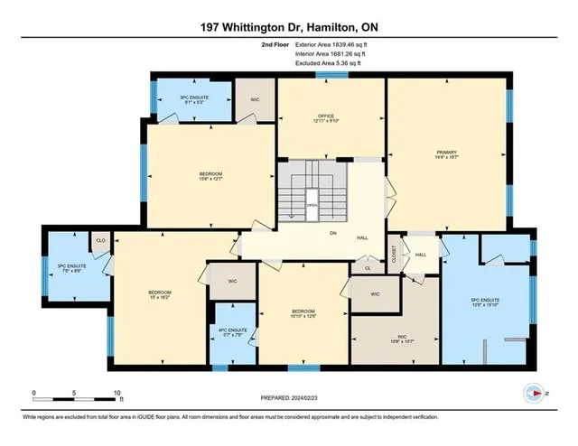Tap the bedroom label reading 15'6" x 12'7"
tap(210, 176)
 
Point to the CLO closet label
tap(99, 242)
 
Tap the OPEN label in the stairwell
tap(312, 204)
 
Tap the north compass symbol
tap(535, 394)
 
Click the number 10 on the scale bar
tap(117, 394)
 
